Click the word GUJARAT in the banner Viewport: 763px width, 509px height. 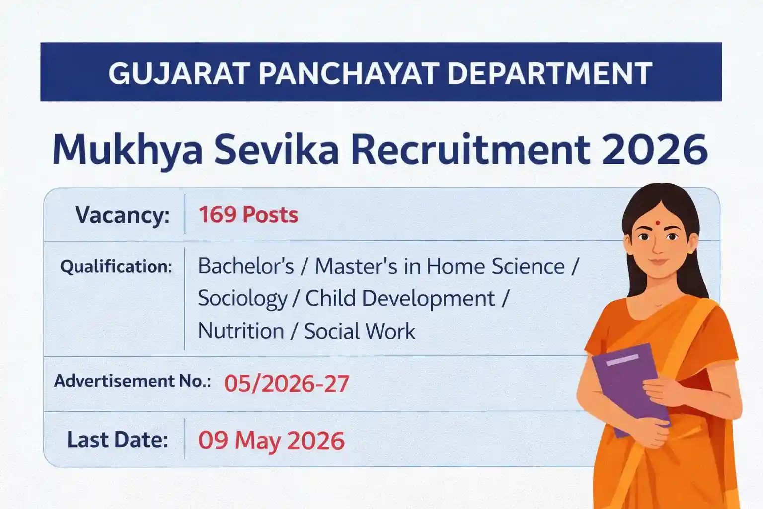coord(179,73)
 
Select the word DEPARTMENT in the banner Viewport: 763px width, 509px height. coord(549,73)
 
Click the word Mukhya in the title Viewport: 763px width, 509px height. coord(127,150)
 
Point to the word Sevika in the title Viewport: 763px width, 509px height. coord(276,149)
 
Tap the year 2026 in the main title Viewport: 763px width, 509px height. coord(655,149)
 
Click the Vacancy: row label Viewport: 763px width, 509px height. coord(122,215)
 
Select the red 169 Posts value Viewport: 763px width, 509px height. coord(248,215)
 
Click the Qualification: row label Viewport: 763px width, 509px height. coord(116,267)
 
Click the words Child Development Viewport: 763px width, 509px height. coord(400,299)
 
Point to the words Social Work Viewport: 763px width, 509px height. coord(360,331)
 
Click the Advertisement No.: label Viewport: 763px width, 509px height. coord(132,381)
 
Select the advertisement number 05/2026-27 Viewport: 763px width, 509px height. coord(287,384)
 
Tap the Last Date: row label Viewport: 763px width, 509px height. coord(117,440)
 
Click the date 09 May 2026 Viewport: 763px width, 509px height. coord(271,441)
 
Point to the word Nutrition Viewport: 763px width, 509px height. coord(241,331)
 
